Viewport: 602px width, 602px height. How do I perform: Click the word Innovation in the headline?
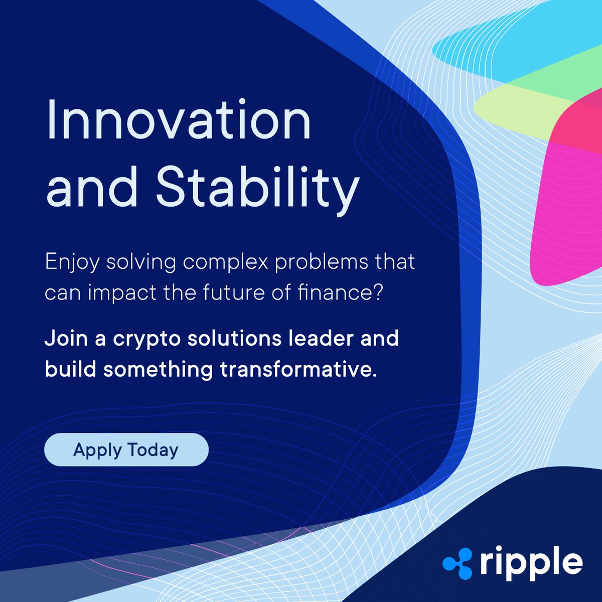178,121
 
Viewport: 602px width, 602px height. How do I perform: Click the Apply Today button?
126,450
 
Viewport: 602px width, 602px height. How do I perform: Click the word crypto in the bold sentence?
146,339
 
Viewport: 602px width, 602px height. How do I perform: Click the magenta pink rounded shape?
567,211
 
